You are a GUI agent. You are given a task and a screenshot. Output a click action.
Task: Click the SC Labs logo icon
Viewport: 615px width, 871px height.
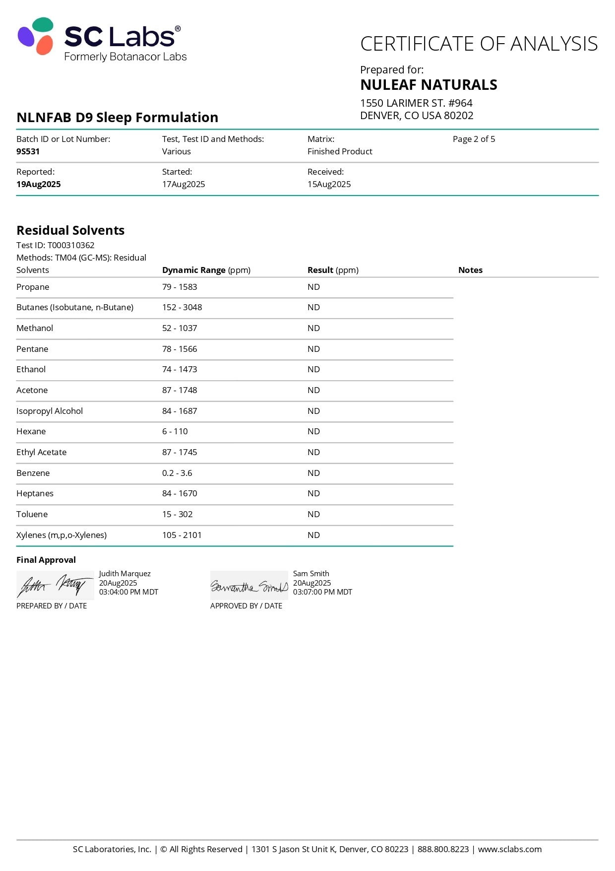pos(36,36)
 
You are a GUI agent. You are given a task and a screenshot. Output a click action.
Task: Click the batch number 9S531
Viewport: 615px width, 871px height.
pos(28,151)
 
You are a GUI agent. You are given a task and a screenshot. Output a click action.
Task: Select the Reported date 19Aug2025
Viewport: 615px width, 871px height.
pos(38,184)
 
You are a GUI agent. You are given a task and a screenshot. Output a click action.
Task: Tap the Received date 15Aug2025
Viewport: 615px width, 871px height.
pos(329,184)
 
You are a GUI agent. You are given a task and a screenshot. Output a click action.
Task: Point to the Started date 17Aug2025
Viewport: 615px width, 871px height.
pos(183,184)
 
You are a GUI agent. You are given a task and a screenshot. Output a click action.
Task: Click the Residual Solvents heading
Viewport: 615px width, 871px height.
pos(70,230)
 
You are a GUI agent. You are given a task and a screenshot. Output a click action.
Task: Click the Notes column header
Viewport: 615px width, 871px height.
pos(470,270)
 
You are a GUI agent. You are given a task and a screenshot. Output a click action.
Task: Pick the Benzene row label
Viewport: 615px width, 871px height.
pos(33,473)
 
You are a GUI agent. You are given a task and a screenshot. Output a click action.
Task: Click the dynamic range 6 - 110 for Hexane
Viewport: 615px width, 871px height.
pos(175,431)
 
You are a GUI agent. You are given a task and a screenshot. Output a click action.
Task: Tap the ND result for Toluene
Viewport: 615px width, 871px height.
pos(313,514)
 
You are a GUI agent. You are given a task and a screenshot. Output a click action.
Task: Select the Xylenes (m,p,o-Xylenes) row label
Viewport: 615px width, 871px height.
pos(61,535)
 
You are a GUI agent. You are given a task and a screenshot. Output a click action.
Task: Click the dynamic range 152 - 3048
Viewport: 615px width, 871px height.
pos(182,307)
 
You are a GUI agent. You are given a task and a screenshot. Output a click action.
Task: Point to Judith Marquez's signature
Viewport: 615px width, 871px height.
pos(55,586)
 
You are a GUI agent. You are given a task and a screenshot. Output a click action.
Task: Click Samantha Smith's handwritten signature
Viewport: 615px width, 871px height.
pos(249,587)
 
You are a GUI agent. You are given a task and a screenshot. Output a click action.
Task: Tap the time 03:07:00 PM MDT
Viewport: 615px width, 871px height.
pos(322,592)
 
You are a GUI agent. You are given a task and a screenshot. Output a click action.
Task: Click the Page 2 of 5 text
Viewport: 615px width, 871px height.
pos(474,139)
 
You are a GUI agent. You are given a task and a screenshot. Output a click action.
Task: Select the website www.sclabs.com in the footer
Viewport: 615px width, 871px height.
pos(509,849)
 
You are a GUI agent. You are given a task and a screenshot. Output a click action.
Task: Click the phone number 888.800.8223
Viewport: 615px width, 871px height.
pos(443,849)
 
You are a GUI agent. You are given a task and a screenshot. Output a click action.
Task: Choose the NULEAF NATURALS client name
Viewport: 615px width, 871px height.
pos(429,85)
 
